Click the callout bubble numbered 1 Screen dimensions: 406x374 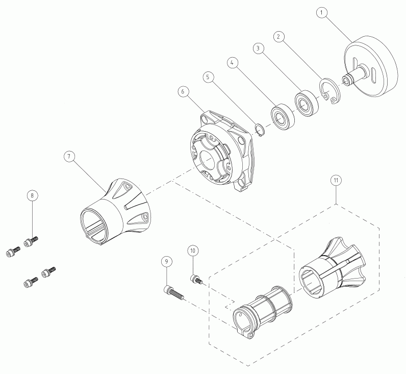[322, 13]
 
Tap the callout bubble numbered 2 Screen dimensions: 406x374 [278, 37]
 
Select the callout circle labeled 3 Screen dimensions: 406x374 [258, 48]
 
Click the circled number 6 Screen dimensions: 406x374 [183, 91]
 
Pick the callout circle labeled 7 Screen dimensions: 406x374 [69, 157]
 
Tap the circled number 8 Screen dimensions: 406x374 [32, 195]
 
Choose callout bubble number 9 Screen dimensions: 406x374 [166, 262]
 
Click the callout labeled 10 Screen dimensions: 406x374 [193, 251]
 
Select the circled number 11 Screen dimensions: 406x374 [336, 181]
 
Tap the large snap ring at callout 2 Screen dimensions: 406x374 [330, 91]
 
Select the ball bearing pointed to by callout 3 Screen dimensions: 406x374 [307, 103]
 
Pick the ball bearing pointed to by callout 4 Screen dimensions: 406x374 [283, 116]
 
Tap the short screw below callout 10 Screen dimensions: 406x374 [196, 279]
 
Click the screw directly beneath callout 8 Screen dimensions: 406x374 [31, 241]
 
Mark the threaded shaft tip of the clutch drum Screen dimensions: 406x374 [346, 79]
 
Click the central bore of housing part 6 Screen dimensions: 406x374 [207, 161]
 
